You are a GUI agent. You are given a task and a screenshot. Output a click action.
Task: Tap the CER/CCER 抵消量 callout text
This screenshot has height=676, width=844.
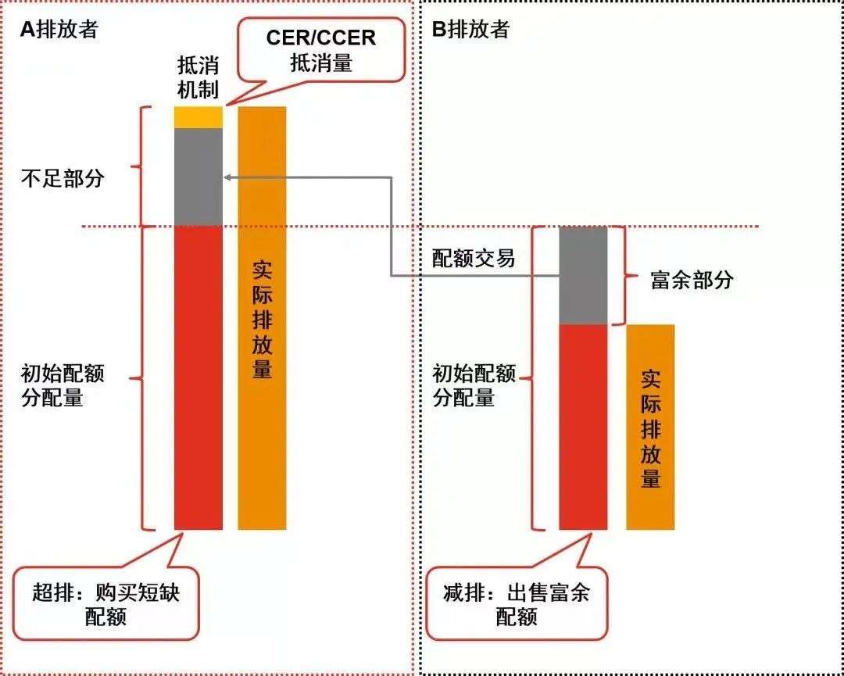click(x=320, y=49)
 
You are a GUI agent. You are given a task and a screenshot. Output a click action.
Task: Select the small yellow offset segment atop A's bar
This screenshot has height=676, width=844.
click(x=198, y=117)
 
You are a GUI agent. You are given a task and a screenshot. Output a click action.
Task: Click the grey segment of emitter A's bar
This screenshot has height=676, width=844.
click(x=198, y=177)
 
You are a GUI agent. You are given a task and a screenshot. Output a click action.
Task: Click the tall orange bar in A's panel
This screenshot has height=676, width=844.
click(x=262, y=318)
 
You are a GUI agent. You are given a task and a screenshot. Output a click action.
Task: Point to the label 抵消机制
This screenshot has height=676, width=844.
click(x=198, y=77)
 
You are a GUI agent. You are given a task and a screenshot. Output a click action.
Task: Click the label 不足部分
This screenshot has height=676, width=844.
click(x=63, y=177)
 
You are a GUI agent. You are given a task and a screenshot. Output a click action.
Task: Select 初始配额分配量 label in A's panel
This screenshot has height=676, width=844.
click(x=63, y=385)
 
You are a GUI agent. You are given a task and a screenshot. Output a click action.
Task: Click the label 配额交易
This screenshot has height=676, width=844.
click(x=474, y=259)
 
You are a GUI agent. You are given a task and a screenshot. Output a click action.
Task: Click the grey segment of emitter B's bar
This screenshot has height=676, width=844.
click(x=583, y=275)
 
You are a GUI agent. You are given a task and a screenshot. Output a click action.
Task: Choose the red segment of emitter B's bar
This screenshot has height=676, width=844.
click(x=583, y=427)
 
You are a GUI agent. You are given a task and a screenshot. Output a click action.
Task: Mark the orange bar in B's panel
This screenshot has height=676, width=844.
click(x=650, y=427)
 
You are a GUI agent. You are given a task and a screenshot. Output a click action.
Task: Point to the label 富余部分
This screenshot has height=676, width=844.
click(x=692, y=281)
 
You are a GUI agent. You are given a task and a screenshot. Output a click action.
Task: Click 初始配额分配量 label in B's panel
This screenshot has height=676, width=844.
click(x=474, y=385)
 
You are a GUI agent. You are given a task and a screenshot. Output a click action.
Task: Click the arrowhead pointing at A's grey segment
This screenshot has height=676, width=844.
click(x=227, y=177)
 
